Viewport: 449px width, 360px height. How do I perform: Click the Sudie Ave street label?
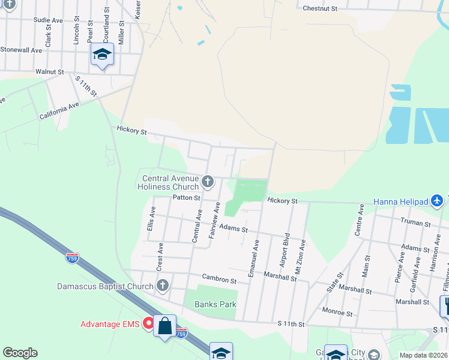(x=48, y=20)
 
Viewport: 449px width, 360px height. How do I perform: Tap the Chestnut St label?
(x=321, y=8)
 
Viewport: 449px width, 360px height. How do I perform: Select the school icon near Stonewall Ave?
(x=103, y=55)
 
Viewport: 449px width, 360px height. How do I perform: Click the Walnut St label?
(x=49, y=71)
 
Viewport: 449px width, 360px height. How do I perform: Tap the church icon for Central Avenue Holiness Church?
(x=208, y=181)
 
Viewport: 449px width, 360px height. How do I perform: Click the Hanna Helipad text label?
(x=401, y=201)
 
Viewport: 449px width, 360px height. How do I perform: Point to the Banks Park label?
(x=215, y=304)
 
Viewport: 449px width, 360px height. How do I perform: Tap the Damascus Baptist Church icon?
(x=162, y=286)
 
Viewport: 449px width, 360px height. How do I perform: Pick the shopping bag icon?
(x=164, y=326)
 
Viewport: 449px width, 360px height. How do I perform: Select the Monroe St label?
(x=336, y=312)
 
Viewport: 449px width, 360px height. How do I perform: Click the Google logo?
(x=20, y=353)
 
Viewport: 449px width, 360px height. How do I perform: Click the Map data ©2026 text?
(x=423, y=355)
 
